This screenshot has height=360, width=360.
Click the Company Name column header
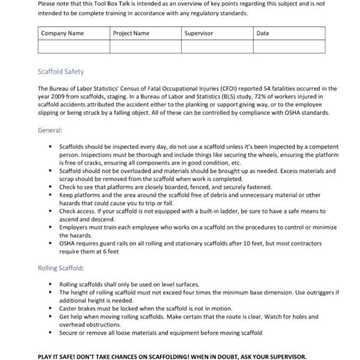pyautogui.click(x=62, y=33)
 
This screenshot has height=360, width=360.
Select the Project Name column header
pyautogui.click(x=131, y=33)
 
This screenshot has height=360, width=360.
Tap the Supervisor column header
pyautogui.click(x=199, y=33)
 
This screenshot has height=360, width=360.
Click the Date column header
pyautogui.click(x=263, y=33)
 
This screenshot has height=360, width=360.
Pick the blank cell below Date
pyautogui.click(x=289, y=47)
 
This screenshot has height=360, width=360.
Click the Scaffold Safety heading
pyautogui.click(x=61, y=72)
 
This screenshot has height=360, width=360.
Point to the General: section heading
pyautogui.click(x=50, y=130)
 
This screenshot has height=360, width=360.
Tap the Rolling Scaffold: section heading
pyautogui.click(x=61, y=268)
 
